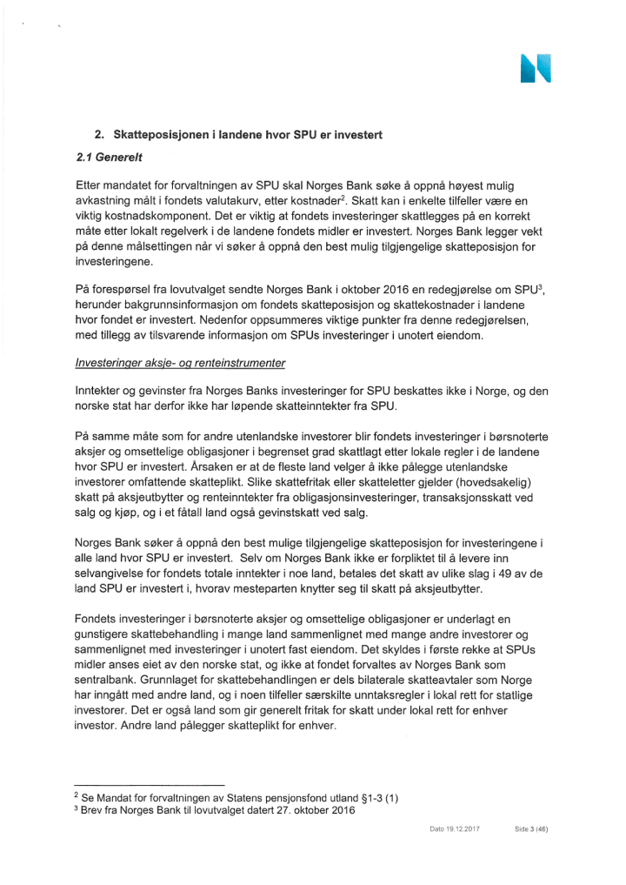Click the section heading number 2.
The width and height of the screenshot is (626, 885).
[99, 136]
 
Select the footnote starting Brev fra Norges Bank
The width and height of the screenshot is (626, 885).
[226, 811]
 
